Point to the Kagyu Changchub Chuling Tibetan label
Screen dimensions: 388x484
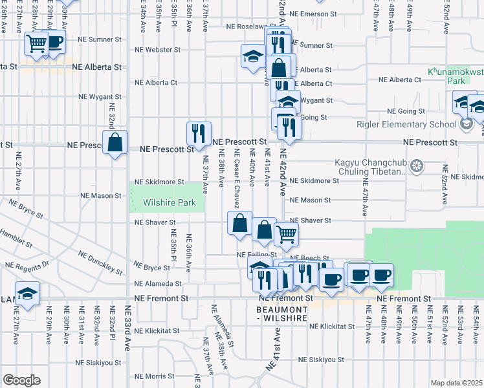tap(370, 167)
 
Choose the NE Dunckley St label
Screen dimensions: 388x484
tap(100, 262)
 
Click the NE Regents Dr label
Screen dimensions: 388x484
tap(28, 265)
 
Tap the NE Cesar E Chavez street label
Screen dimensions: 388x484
tap(237, 171)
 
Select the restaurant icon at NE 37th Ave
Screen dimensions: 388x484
tap(199, 133)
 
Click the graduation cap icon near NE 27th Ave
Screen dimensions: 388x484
tap(27, 294)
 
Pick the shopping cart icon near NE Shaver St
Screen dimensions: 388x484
tap(286, 235)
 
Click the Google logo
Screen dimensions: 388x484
tap(21, 380)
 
